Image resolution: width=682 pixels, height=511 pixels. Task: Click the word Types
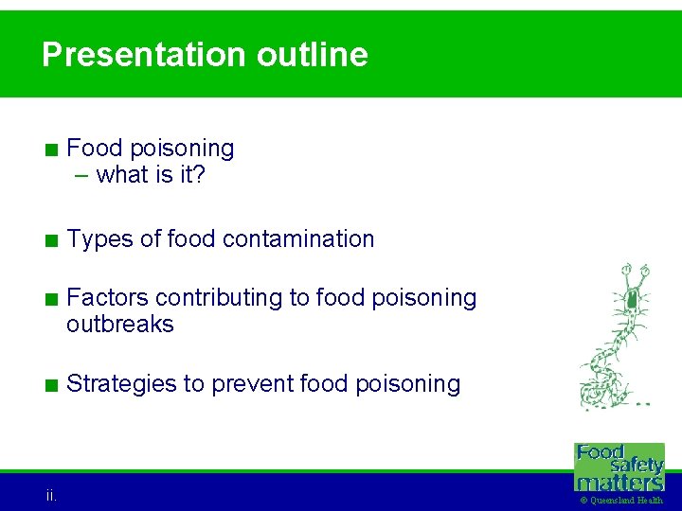click(100, 239)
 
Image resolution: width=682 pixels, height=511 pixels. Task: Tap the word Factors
click(108, 298)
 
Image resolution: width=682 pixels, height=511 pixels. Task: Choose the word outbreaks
click(120, 325)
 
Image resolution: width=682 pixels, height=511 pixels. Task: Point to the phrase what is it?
click(152, 175)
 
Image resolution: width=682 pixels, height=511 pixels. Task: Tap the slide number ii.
click(51, 495)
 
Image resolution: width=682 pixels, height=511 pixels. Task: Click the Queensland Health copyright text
click(620, 501)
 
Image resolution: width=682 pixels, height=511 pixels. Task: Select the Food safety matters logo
click(620, 467)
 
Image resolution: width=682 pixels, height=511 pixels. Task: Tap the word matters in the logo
click(620, 481)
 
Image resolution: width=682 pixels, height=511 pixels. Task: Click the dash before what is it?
click(83, 175)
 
